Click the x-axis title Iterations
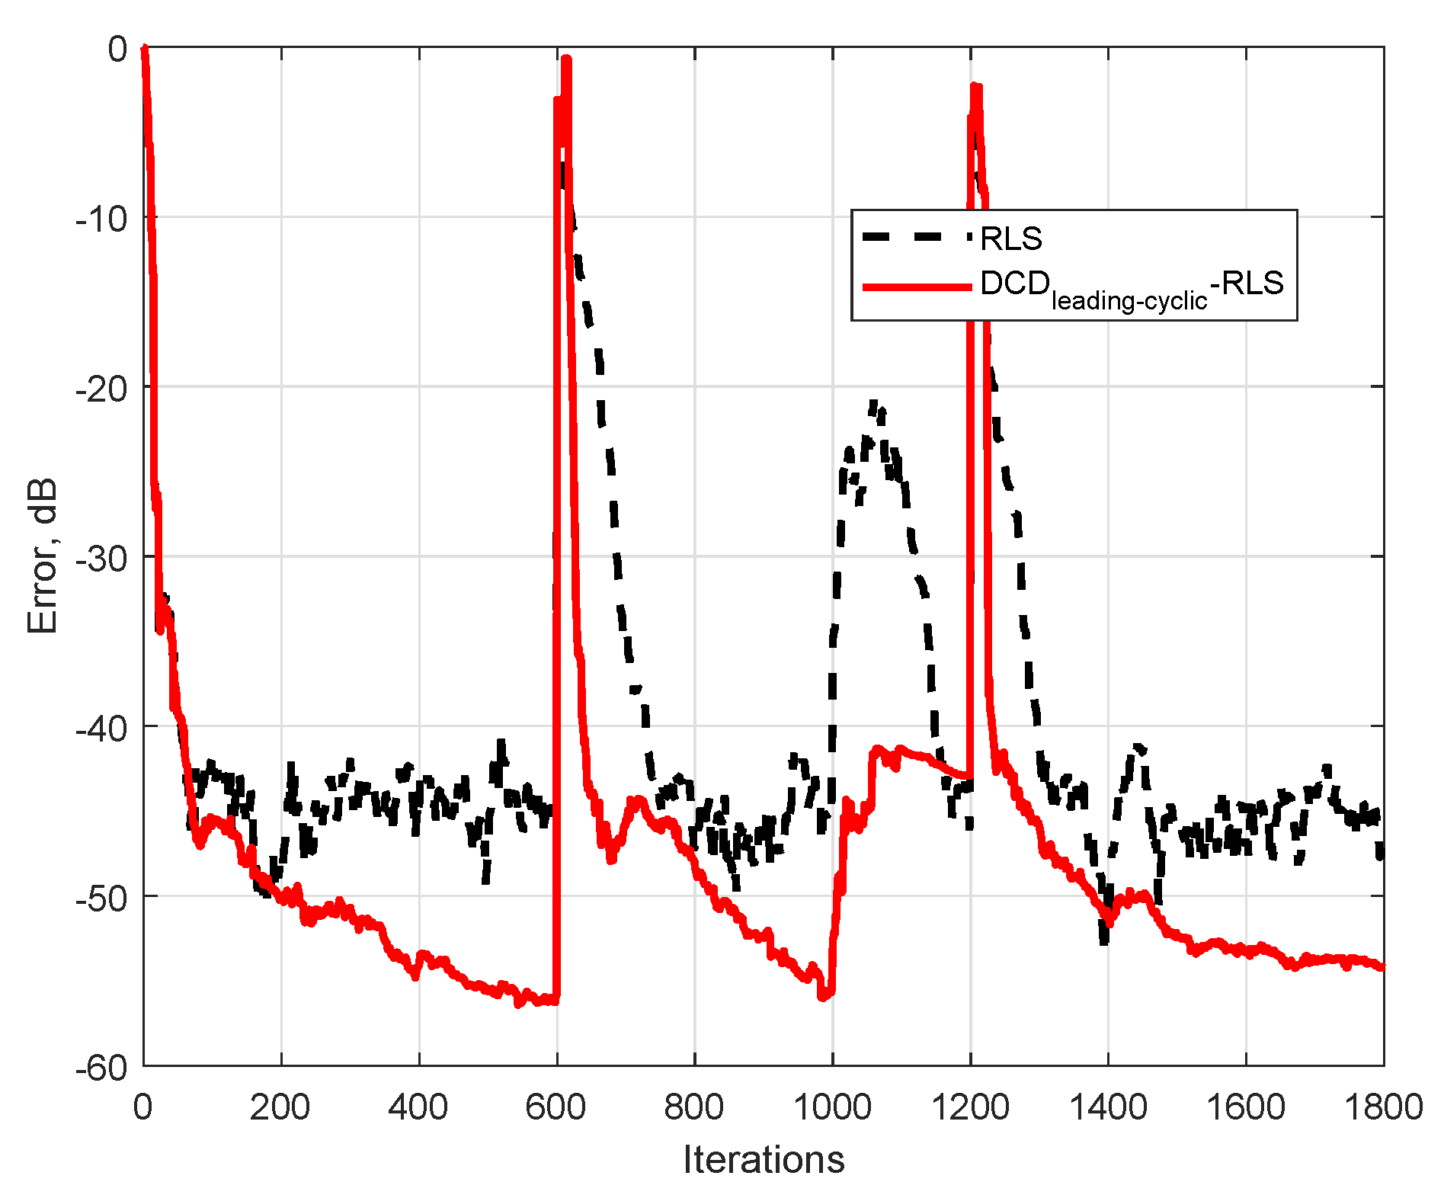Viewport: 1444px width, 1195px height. [764, 1159]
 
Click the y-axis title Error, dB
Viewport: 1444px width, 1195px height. [43, 556]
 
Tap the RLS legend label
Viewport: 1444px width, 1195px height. [1010, 239]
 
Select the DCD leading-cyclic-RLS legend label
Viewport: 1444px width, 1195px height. [1132, 288]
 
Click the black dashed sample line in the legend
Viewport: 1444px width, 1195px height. [917, 237]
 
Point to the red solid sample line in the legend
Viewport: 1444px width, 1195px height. [917, 287]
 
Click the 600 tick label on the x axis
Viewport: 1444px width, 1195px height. [556, 1107]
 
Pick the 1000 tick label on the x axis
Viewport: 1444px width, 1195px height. [832, 1107]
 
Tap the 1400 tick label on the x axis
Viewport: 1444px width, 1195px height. [1108, 1107]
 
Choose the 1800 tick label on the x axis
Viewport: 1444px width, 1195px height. [1383, 1107]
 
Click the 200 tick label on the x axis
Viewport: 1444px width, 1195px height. [280, 1107]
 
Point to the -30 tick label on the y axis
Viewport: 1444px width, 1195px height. [101, 558]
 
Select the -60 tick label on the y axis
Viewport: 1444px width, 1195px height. [101, 1067]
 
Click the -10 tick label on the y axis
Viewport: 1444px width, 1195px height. [101, 219]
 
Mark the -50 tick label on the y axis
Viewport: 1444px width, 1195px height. [101, 897]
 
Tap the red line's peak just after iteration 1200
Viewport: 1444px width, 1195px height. [976, 86]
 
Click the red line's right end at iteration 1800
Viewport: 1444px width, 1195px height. [1382, 967]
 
